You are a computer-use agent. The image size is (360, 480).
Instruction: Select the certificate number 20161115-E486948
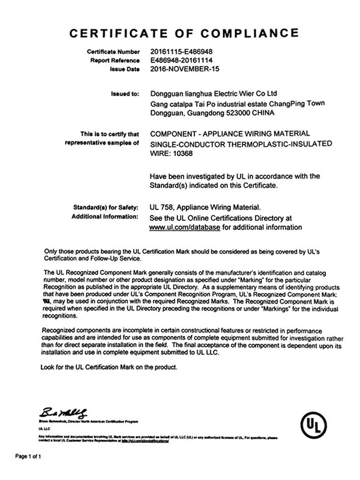[182, 52]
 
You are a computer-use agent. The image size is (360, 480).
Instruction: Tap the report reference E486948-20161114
[182, 61]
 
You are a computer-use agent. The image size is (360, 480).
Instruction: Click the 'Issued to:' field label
[125, 94]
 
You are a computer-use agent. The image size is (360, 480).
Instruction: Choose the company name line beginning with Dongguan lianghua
[214, 94]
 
